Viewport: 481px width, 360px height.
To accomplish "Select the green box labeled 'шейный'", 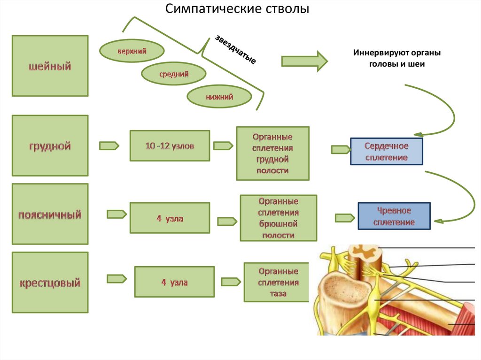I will point(50,66).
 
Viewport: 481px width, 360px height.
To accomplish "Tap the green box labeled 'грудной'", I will point(50,146).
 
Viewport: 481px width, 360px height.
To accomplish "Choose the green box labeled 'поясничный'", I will point(50,214).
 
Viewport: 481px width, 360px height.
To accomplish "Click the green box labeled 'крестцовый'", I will point(50,283).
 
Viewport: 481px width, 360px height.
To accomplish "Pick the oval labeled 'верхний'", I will point(132,51).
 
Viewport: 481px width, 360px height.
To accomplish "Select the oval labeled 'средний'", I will point(174,74).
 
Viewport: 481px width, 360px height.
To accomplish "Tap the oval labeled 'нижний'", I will point(219,97).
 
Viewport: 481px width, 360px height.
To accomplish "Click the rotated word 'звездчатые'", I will point(235,50).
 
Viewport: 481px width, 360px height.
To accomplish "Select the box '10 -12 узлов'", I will point(170,146).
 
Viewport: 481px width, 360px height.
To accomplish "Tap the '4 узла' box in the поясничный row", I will point(170,218).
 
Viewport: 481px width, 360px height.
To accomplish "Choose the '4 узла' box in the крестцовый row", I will point(174,282).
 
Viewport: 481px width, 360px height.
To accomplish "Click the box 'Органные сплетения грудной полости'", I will point(272,153).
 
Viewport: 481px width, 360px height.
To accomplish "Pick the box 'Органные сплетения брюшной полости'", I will point(277,218).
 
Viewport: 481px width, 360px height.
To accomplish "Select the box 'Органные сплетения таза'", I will point(276,283).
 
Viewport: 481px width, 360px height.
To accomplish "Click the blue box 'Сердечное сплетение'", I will point(386,151).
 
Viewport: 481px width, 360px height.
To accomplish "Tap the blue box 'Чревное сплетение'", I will point(394,216).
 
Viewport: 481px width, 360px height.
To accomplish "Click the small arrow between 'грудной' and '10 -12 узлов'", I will point(109,146).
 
